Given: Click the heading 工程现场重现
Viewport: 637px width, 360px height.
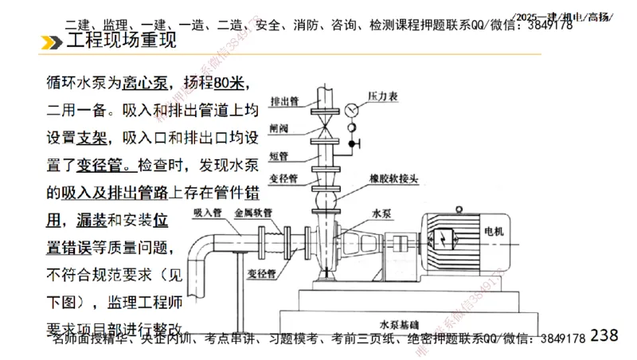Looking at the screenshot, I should tap(120, 42).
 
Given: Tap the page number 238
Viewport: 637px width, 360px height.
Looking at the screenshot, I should tap(605, 335).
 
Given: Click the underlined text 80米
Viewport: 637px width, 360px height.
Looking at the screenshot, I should tap(230, 83).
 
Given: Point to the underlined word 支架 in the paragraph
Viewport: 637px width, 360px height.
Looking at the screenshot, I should tap(92, 137).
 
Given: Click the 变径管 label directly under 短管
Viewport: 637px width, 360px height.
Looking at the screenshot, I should tap(282, 178).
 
